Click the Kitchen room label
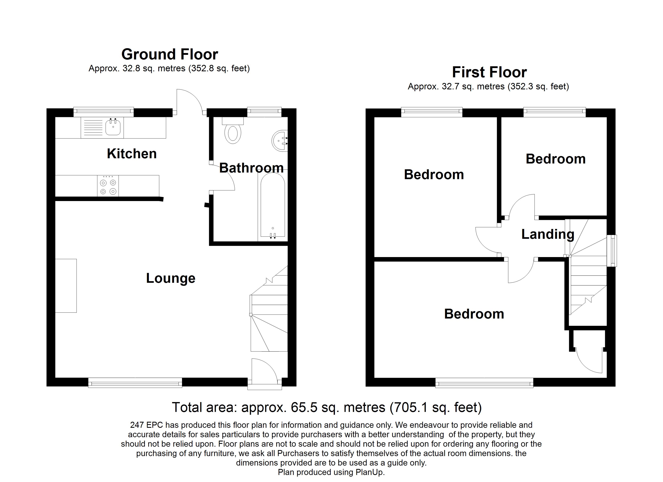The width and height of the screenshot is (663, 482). pyautogui.click(x=132, y=154)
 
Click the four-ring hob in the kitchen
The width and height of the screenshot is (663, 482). pyautogui.click(x=108, y=186)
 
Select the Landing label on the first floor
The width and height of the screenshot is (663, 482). pyautogui.click(x=547, y=234)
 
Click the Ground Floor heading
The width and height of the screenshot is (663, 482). pyautogui.click(x=170, y=54)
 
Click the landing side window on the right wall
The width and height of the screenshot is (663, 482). pyautogui.click(x=612, y=251)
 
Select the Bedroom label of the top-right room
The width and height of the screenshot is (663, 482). pyautogui.click(x=556, y=159)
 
